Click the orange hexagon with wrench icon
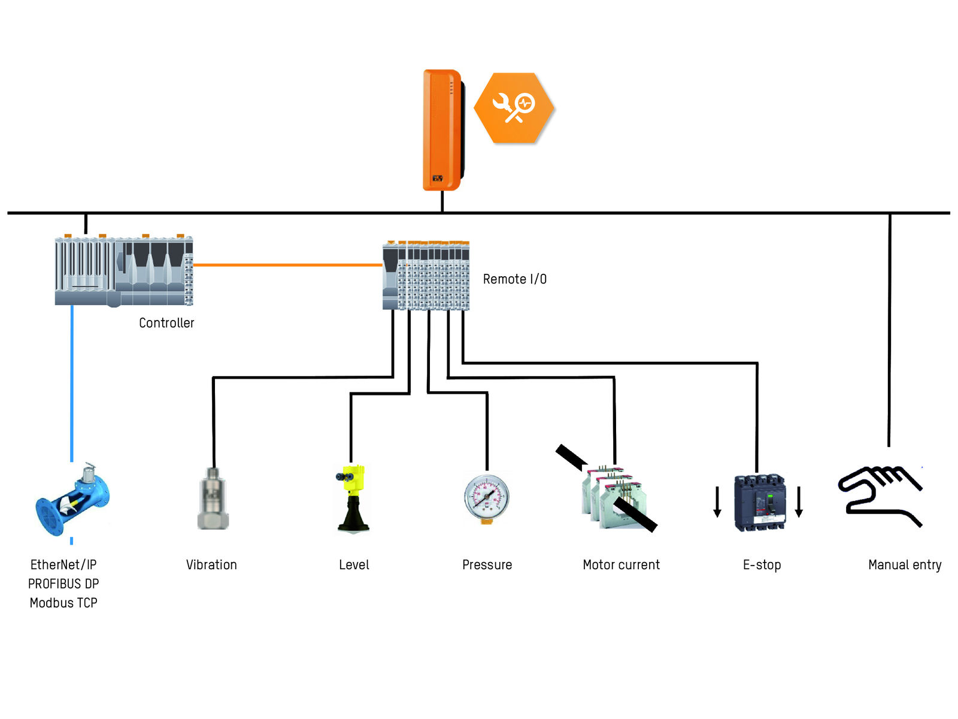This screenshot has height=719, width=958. (x=514, y=108)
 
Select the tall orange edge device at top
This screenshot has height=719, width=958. (x=442, y=130)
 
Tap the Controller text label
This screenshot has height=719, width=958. (x=166, y=323)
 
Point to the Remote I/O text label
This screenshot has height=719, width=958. (x=514, y=279)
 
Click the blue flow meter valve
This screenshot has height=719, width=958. (x=72, y=501)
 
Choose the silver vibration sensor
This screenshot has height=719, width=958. (x=213, y=499)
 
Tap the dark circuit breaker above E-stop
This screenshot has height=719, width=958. (x=759, y=502)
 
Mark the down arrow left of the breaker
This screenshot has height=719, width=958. (x=717, y=502)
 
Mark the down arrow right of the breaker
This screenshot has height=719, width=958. (x=799, y=502)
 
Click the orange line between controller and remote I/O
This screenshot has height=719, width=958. (x=287, y=264)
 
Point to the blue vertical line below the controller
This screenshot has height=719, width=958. (x=72, y=383)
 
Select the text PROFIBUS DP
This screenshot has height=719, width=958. (x=63, y=584)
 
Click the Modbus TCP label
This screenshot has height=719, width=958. (x=63, y=603)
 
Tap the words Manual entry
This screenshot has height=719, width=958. (x=905, y=565)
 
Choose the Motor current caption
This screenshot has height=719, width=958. (x=621, y=565)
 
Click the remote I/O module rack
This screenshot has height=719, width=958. (x=426, y=275)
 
